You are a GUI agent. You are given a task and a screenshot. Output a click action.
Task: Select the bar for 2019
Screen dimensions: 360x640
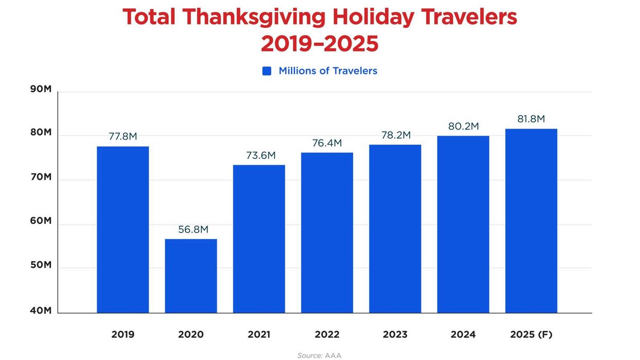[x=123, y=230]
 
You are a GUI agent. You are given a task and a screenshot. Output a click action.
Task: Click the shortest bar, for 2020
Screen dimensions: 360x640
[x=191, y=276]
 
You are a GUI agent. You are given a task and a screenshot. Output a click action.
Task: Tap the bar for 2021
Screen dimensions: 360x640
[x=259, y=239]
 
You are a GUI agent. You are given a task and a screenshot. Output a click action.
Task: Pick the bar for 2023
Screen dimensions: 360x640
[x=395, y=229]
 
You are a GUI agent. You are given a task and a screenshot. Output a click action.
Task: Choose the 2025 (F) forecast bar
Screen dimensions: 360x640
[x=531, y=221]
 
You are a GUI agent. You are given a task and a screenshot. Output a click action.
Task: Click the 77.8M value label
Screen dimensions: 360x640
[x=123, y=137]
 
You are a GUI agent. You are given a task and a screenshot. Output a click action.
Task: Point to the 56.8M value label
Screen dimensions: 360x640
[x=193, y=229]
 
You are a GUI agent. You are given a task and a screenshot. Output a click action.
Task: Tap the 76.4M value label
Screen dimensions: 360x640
[x=327, y=143]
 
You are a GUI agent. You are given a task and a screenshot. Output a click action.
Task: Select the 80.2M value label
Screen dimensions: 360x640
[x=464, y=126]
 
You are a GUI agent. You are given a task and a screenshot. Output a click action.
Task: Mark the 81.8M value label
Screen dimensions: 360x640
[x=531, y=119]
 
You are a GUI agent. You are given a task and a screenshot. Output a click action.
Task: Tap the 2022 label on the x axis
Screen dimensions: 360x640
[x=327, y=335]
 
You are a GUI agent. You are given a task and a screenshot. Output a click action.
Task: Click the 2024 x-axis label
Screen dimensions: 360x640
[x=463, y=335]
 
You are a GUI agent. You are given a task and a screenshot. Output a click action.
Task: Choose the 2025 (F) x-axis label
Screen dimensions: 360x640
[x=531, y=335]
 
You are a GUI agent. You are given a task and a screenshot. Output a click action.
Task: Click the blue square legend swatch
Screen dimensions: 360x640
[x=267, y=71]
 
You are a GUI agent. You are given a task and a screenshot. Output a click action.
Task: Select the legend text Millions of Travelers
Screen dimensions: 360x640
[x=328, y=71]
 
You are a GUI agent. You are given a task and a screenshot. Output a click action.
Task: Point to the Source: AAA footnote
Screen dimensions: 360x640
[x=319, y=355]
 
